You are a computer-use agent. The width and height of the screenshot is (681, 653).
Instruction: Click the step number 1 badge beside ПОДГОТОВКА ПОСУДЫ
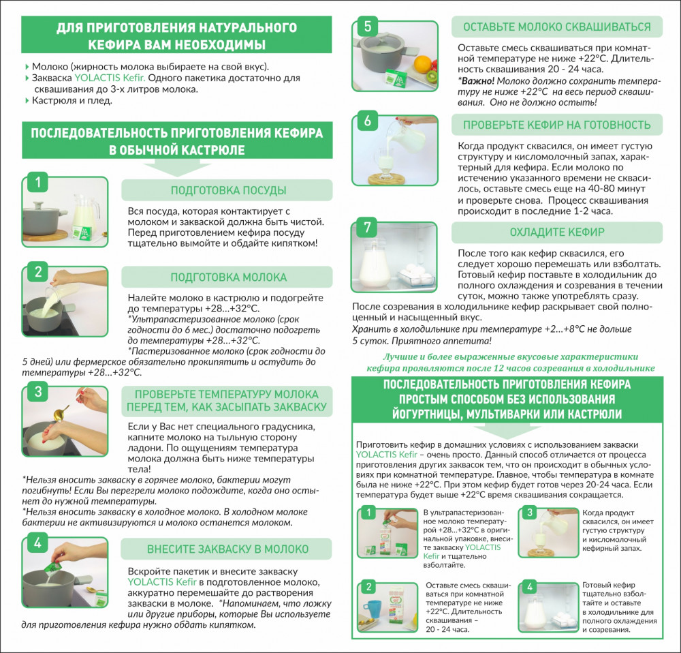pyautogui.click(x=38, y=182)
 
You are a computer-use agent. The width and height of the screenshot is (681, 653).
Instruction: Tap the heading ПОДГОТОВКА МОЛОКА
pyautogui.click(x=228, y=277)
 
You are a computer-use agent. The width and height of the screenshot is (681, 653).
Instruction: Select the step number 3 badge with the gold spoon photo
pyautogui.click(x=38, y=391)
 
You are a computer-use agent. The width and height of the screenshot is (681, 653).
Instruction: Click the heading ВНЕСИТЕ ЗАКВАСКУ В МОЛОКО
pyautogui.click(x=227, y=549)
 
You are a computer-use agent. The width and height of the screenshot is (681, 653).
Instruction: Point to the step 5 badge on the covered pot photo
pyautogui.click(x=368, y=26)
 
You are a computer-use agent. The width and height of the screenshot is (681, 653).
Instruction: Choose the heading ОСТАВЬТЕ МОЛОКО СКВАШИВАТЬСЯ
pyautogui.click(x=557, y=27)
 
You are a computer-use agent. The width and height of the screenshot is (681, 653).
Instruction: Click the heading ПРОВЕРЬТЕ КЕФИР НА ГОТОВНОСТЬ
pyautogui.click(x=557, y=125)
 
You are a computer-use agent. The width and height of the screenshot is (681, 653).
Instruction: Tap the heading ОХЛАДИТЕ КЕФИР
pyautogui.click(x=557, y=232)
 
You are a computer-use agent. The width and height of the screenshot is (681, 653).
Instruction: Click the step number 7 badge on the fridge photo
pyautogui.click(x=368, y=227)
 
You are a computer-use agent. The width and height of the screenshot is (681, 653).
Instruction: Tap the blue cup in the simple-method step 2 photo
pyautogui.click(x=372, y=611)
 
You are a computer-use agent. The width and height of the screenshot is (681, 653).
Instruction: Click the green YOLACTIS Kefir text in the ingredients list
pyautogui.click(x=110, y=78)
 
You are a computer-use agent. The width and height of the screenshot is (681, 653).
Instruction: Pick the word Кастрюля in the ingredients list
pyautogui.click(x=50, y=101)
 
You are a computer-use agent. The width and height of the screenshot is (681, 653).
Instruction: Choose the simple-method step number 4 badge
pyautogui.click(x=529, y=587)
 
